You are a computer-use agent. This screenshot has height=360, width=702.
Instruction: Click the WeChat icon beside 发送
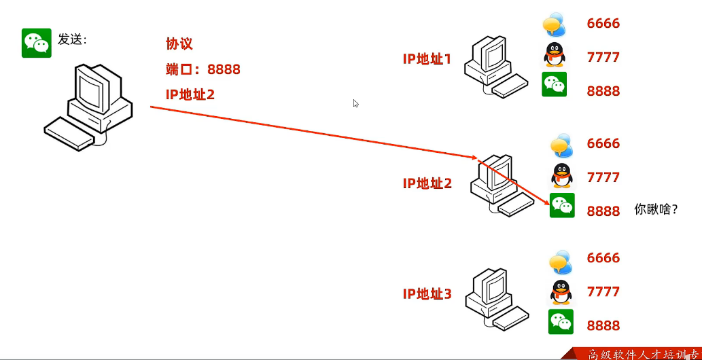[x=37, y=43]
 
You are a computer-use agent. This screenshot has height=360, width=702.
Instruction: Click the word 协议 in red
[x=179, y=44]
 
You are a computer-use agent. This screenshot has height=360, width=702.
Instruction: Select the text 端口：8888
[x=203, y=69]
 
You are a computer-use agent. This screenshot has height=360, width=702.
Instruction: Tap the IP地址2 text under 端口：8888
[x=190, y=94]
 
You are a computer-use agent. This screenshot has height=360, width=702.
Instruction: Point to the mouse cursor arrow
[x=355, y=103]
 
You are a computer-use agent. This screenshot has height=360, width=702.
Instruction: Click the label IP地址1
[x=427, y=59]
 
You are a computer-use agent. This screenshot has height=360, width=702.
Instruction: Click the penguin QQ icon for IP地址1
[x=555, y=55]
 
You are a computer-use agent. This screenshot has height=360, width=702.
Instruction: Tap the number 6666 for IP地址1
[x=603, y=24]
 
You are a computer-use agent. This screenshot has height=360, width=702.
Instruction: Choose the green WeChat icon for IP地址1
[x=554, y=84]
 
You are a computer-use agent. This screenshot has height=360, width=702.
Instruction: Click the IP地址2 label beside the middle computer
[x=427, y=183]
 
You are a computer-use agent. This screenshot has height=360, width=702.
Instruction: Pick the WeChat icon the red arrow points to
[x=562, y=205]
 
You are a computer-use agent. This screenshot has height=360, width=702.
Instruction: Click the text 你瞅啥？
[x=656, y=209]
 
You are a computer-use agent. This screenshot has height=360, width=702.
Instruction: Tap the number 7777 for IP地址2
[x=603, y=177]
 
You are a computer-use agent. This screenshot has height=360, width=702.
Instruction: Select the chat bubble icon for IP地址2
[x=562, y=145]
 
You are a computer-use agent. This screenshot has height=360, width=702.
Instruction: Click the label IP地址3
[x=427, y=294]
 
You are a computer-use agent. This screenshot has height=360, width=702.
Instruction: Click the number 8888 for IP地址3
[x=603, y=325]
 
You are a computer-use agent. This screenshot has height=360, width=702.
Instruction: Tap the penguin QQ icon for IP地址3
[x=561, y=291]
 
